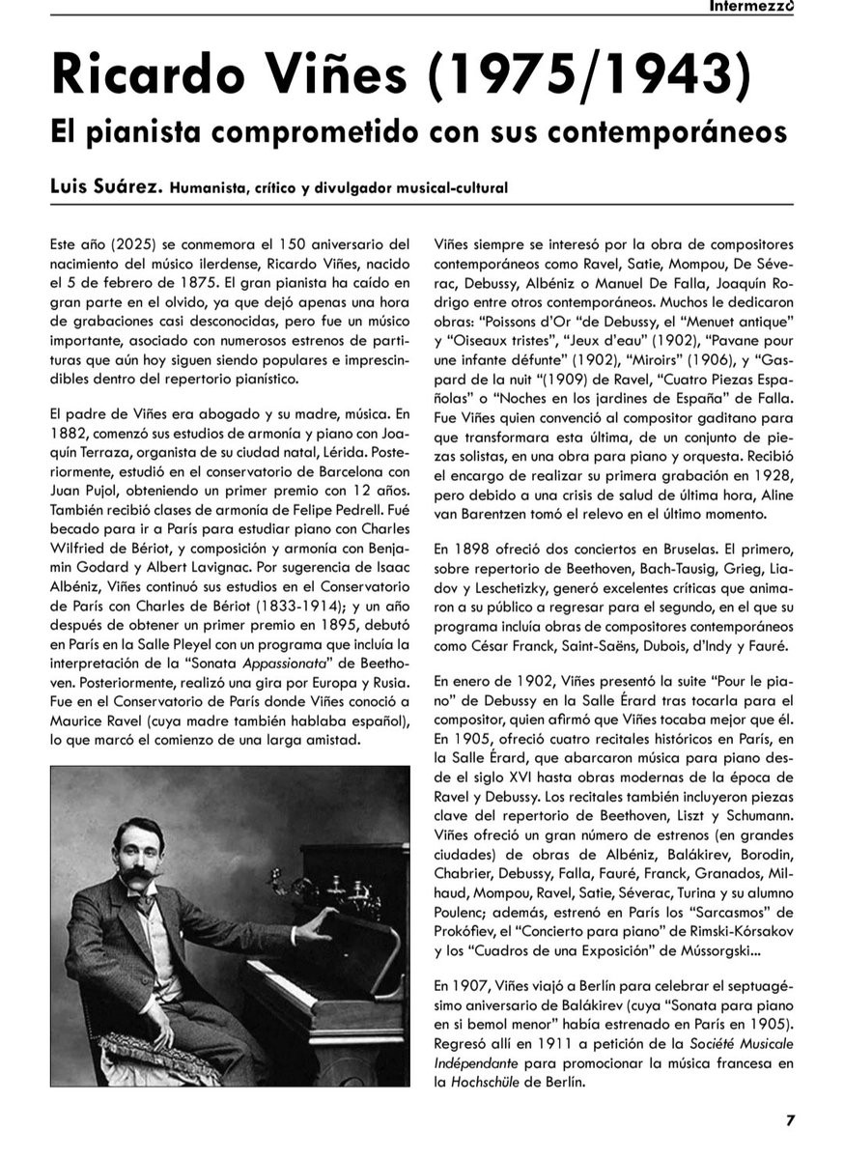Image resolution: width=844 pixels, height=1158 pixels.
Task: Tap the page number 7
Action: pyautogui.click(x=790, y=1120)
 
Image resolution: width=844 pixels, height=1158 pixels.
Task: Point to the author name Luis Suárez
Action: pyautogui.click(x=103, y=187)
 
